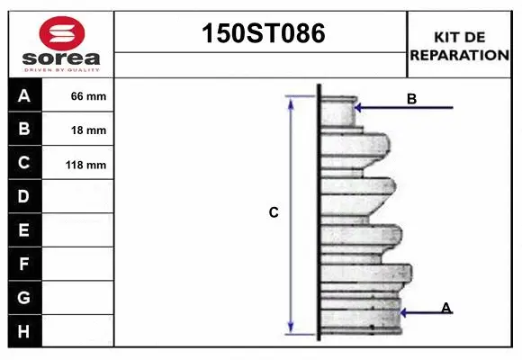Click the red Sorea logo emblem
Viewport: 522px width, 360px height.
point(62,33)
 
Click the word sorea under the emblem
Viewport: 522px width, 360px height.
point(61,58)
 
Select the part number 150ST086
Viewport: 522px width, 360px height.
point(264,33)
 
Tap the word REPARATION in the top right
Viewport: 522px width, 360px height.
point(459,55)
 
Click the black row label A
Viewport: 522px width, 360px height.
point(24,95)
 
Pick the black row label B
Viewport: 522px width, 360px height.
point(24,129)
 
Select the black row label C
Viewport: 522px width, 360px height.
point(24,163)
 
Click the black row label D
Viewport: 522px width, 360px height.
point(24,196)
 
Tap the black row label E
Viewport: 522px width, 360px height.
point(24,230)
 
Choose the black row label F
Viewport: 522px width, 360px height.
point(24,264)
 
